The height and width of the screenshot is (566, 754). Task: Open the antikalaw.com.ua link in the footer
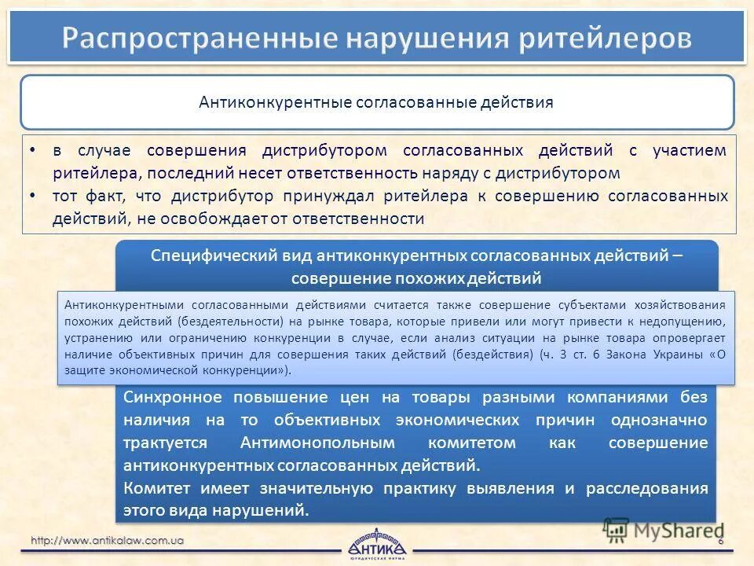pyautogui.click(x=108, y=540)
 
